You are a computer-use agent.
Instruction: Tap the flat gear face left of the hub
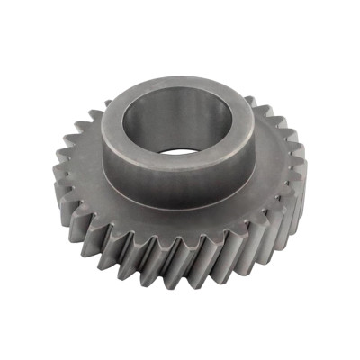[85, 166]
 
